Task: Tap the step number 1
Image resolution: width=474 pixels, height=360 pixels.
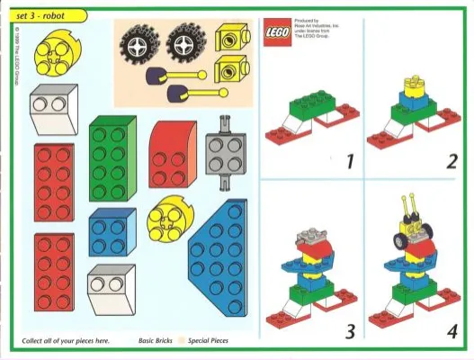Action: pos(350,163)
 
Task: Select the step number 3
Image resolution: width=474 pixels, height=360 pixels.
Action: pos(350,332)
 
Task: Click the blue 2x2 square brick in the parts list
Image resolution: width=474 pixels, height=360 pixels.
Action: pos(112,232)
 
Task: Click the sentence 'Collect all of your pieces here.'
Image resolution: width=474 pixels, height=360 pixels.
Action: pos(65,341)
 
